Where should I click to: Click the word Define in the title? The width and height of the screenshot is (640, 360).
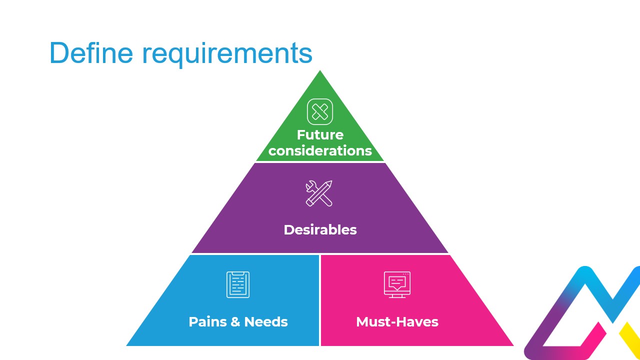pos(91,52)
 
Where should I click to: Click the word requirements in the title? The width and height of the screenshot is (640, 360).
pos(227,54)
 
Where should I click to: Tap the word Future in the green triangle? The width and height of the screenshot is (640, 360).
pos(320,135)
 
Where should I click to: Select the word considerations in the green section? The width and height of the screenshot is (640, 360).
pos(320,150)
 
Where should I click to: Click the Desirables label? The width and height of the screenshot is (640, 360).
pos(320,229)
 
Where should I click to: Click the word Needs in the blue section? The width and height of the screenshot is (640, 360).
pos(266,321)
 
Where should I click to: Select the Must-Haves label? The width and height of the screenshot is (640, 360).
pos(397,321)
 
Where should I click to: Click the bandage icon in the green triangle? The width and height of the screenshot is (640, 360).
pos(320,111)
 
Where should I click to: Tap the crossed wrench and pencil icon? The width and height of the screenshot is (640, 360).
pos(319,193)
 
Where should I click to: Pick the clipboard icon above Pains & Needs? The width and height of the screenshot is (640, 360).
pos(238,284)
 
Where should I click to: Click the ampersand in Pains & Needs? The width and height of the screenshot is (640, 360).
pos(235,321)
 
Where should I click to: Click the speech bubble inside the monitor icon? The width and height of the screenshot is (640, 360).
pos(397,282)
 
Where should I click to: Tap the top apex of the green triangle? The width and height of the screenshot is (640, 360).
pos(320,72)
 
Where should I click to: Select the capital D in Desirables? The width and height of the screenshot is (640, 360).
pos(288,229)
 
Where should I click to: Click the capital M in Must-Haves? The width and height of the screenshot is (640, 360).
pos(362,321)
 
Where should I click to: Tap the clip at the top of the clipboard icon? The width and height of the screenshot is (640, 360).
pos(238,273)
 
